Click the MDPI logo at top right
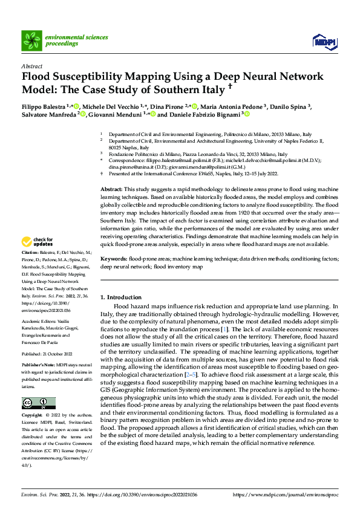pyautogui.click(x=322, y=41)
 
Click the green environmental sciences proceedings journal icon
pyautogui.click(x=31, y=41)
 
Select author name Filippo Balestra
pyautogui.click(x=44, y=106)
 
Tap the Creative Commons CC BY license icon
pyautogui.click(x=38, y=403)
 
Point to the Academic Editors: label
pyautogui.click(x=39, y=322)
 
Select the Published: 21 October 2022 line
pyautogui.click(x=48, y=354)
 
